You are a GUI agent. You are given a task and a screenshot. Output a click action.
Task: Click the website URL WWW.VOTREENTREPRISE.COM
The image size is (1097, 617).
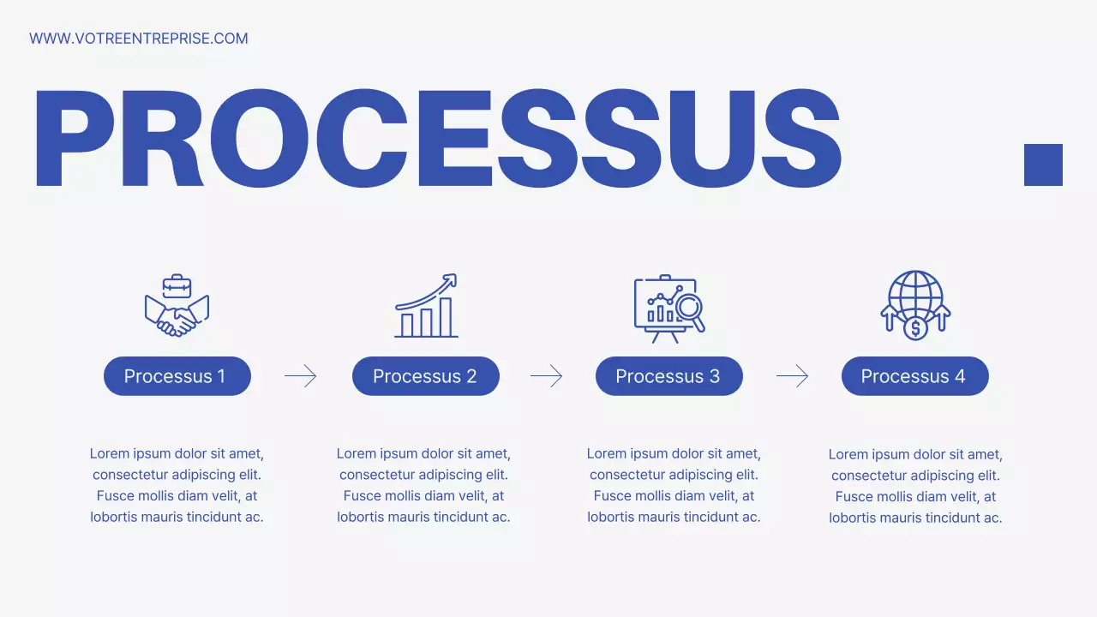pyautogui.click(x=139, y=39)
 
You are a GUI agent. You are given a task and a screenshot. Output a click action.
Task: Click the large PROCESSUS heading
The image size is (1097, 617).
pyautogui.click(x=437, y=139)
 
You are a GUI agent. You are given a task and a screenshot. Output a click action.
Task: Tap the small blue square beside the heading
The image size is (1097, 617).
pyautogui.click(x=1043, y=165)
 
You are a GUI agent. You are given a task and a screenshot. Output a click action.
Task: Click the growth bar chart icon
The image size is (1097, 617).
pyautogui.click(x=427, y=307)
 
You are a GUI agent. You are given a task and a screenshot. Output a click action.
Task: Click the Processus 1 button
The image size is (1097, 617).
pyautogui.click(x=177, y=376)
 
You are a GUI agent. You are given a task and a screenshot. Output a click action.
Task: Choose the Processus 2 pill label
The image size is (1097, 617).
pyautogui.click(x=425, y=376)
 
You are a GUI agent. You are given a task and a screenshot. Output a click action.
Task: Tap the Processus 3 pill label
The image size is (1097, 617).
pyautogui.click(x=668, y=376)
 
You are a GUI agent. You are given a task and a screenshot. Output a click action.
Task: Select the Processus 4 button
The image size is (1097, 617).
pyautogui.click(x=914, y=376)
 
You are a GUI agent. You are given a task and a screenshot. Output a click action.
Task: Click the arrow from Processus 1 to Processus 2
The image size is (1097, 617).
pyautogui.click(x=301, y=376)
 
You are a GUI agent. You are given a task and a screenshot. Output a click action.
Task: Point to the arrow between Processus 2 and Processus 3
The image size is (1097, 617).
pyautogui.click(x=547, y=376)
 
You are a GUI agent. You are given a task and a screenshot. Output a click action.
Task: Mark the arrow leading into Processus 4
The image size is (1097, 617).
pyautogui.click(x=793, y=376)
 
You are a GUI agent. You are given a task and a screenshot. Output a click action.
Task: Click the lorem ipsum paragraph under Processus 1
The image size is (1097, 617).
pyautogui.click(x=177, y=485)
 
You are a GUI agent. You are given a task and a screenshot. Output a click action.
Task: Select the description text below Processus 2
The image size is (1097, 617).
pyautogui.click(x=423, y=485)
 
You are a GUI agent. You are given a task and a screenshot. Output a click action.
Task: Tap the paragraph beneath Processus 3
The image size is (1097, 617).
pyautogui.click(x=674, y=485)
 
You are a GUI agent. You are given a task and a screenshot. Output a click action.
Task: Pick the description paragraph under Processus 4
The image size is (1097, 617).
pyautogui.click(x=915, y=486)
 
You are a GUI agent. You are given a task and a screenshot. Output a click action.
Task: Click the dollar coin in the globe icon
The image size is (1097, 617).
pyautogui.click(x=915, y=327)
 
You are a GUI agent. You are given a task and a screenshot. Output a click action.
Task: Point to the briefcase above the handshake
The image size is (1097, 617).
pyautogui.click(x=177, y=285)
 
